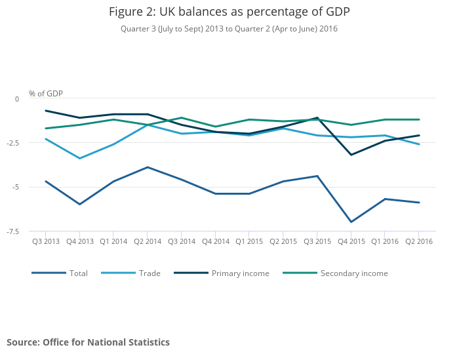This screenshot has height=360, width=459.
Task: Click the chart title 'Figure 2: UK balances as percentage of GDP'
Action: [x=229, y=12]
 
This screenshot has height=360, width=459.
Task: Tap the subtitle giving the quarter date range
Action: [x=229, y=29]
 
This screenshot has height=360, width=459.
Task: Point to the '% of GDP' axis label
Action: [x=46, y=94]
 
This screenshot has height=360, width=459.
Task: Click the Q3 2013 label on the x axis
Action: [x=46, y=241]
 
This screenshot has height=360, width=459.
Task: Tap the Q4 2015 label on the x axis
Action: [x=351, y=241]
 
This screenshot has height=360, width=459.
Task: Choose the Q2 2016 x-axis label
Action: [x=419, y=241]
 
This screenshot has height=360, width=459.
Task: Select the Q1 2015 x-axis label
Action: [x=249, y=241]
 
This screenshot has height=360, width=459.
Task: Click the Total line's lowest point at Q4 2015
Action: [x=351, y=222]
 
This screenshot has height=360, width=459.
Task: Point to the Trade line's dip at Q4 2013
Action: [x=80, y=158]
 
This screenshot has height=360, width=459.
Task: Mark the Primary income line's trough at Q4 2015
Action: [x=351, y=155]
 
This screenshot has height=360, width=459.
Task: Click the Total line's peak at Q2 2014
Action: [x=148, y=167]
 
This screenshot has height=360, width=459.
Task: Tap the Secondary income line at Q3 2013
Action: [x=46, y=129]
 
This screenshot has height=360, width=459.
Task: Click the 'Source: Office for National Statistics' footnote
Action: [x=88, y=342]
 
